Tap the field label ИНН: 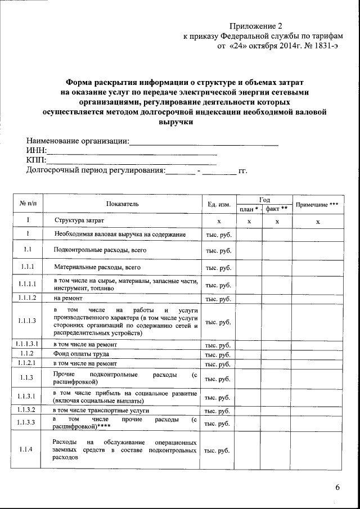37,151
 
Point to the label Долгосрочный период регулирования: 96,170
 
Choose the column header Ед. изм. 219,204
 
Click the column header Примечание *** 317,204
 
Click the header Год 264,200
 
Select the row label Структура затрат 79,221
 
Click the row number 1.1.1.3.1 28,344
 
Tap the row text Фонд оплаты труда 81,354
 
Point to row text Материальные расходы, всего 97,267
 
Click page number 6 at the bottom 337,487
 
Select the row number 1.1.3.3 27,422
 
